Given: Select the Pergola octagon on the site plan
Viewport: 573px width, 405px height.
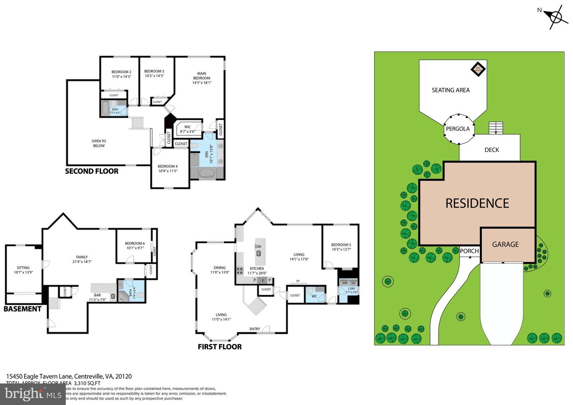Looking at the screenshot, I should [458, 129].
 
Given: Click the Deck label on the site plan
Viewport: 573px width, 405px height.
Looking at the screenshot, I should [491, 150].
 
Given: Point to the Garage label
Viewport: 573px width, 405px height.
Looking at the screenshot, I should [505, 245].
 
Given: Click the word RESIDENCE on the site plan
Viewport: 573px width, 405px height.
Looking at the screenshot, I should [477, 204].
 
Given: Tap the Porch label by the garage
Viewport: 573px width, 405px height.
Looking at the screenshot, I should [470, 251].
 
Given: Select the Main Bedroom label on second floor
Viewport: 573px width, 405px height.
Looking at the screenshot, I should [202, 78].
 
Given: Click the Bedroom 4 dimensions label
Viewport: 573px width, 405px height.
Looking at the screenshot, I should [168, 171].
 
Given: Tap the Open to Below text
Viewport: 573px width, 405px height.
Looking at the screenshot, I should [99, 144].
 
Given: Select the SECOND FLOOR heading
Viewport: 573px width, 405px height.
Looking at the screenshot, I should [92, 171].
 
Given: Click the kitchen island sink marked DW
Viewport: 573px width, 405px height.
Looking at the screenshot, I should [259, 253].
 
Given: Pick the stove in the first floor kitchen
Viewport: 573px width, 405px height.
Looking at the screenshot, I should [240, 271].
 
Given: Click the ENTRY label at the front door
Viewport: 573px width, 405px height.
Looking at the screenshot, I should [255, 329].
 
